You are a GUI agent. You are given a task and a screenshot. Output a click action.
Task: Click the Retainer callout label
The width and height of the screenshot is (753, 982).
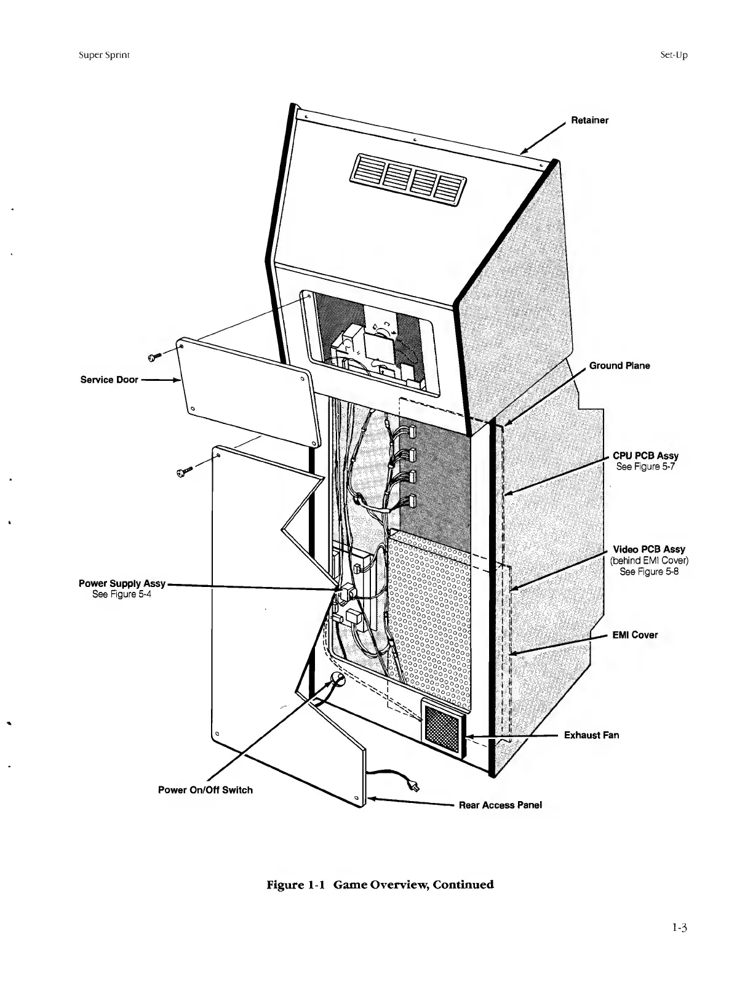click(589, 120)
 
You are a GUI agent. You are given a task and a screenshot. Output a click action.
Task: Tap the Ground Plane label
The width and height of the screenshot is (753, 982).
click(619, 365)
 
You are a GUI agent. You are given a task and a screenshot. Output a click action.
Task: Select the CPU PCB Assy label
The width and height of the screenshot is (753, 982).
click(645, 456)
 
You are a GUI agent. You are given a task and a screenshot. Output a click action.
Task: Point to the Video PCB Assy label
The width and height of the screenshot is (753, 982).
click(649, 549)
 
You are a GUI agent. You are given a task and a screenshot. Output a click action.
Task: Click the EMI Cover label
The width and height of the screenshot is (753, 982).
click(635, 635)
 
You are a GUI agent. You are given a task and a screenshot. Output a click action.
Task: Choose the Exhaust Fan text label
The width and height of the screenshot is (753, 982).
click(591, 735)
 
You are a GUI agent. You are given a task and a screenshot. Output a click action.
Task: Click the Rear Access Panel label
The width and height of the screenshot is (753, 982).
click(500, 805)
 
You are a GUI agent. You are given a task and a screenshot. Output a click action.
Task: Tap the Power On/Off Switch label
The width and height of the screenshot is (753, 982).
click(205, 790)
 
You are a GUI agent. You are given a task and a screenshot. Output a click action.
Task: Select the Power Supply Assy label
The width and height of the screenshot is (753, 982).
click(122, 583)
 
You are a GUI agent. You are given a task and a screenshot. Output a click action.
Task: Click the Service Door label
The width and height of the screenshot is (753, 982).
click(109, 380)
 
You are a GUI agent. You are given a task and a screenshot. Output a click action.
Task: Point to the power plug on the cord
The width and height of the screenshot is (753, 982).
click(414, 786)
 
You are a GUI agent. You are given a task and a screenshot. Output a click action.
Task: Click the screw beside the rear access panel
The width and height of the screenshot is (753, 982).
click(182, 473)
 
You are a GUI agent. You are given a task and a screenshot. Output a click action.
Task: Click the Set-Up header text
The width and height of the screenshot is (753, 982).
click(673, 55)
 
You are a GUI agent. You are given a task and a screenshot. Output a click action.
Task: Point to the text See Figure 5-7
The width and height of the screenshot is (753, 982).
click(646, 466)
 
